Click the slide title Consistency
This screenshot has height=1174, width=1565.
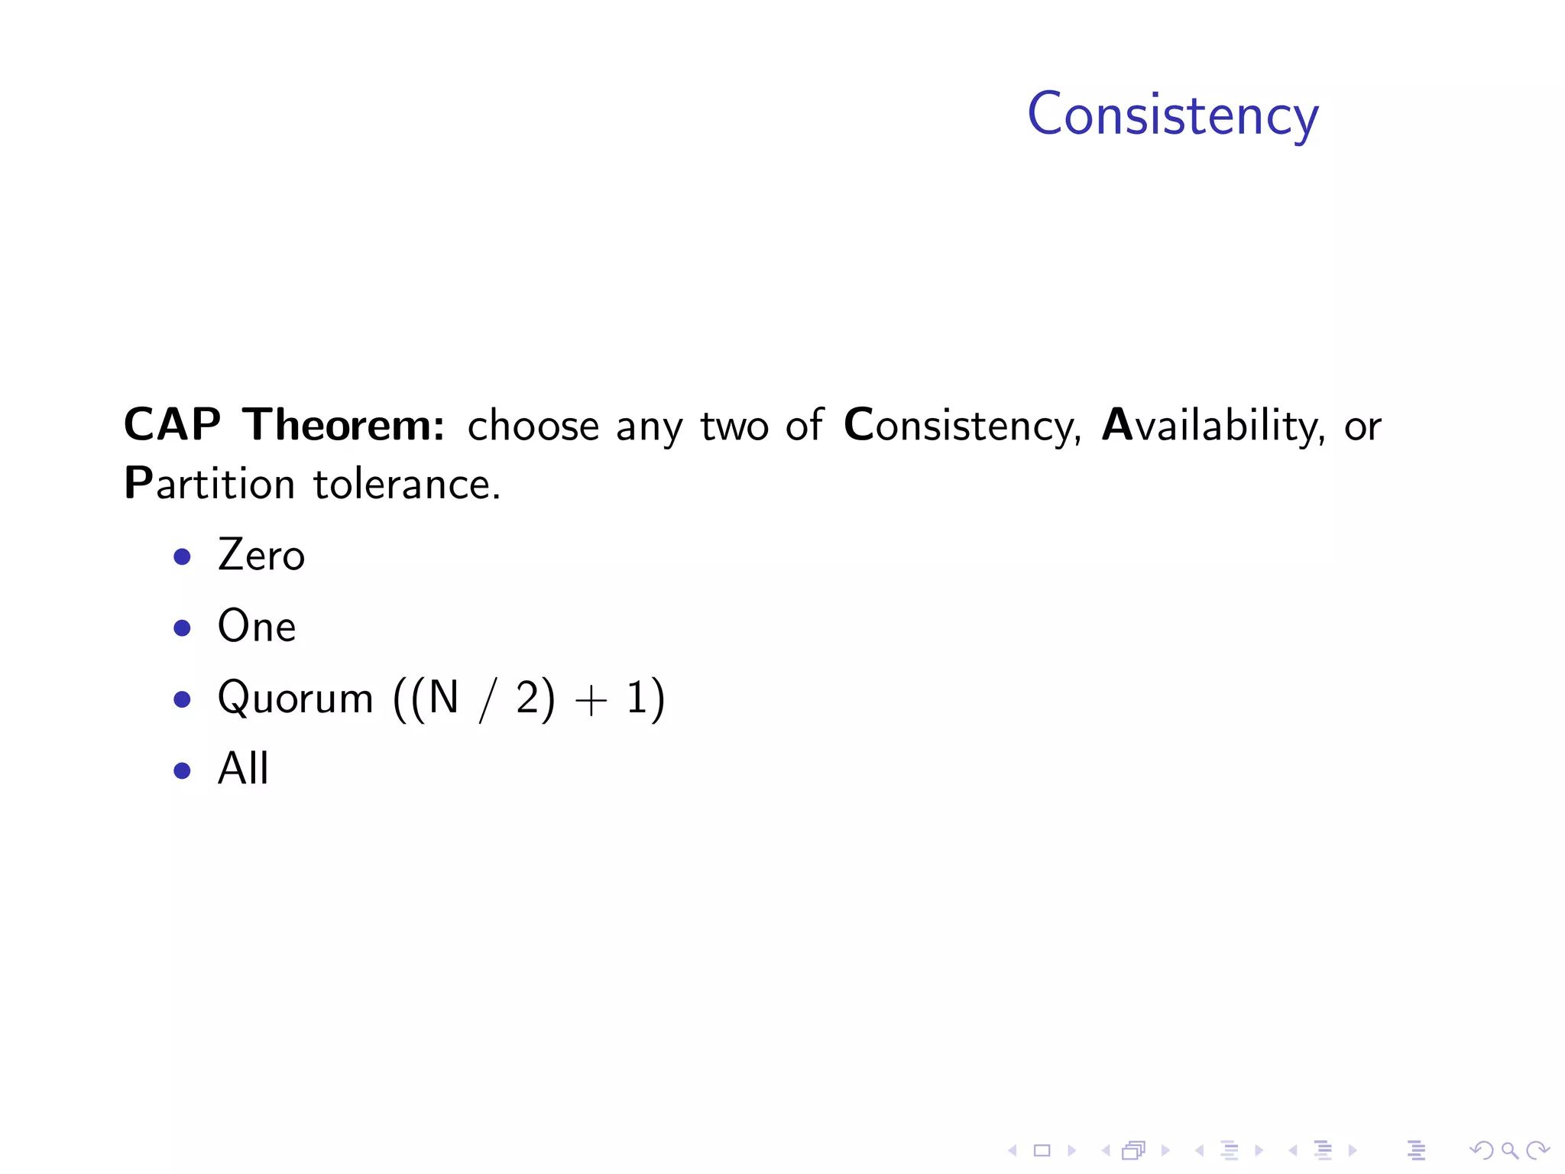pos(1172,115)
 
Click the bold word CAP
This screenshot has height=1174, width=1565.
pos(173,425)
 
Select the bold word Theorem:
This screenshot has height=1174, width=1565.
pos(344,425)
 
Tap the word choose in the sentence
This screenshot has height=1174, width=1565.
pos(533,426)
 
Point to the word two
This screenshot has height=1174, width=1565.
pos(734,426)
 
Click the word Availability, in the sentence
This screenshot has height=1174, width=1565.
pos(1213,426)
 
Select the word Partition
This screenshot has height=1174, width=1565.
pos(209,485)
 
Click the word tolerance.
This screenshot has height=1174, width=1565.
pos(407,485)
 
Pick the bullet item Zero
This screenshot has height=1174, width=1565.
pos(261,556)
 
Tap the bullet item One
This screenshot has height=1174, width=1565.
pos(257,627)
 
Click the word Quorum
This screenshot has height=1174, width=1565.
pos(295,699)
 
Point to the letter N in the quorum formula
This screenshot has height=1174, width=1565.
pos(443,697)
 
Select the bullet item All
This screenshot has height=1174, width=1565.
pos(243,769)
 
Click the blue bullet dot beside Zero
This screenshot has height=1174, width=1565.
pos(182,556)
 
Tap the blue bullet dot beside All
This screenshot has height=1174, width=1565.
pos(182,770)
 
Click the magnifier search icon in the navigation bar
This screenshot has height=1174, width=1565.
pos(1509,1150)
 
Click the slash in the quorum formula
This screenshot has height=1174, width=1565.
pos(487,700)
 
